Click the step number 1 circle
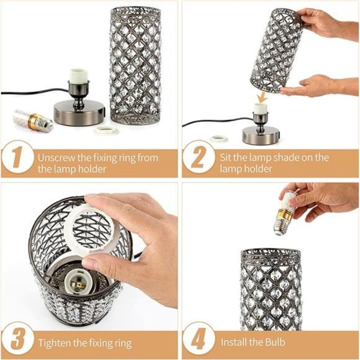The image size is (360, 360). pos(18,157)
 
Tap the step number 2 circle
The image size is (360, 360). pos(199,157)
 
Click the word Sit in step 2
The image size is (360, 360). pos(225,158)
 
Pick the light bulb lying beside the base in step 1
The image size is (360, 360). pos(33,119)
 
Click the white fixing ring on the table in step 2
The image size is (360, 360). pos(218,138)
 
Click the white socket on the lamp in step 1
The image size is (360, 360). pos(79,75)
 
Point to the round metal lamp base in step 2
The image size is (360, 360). pos(262,135)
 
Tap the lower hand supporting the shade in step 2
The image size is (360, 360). pos(319,86)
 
